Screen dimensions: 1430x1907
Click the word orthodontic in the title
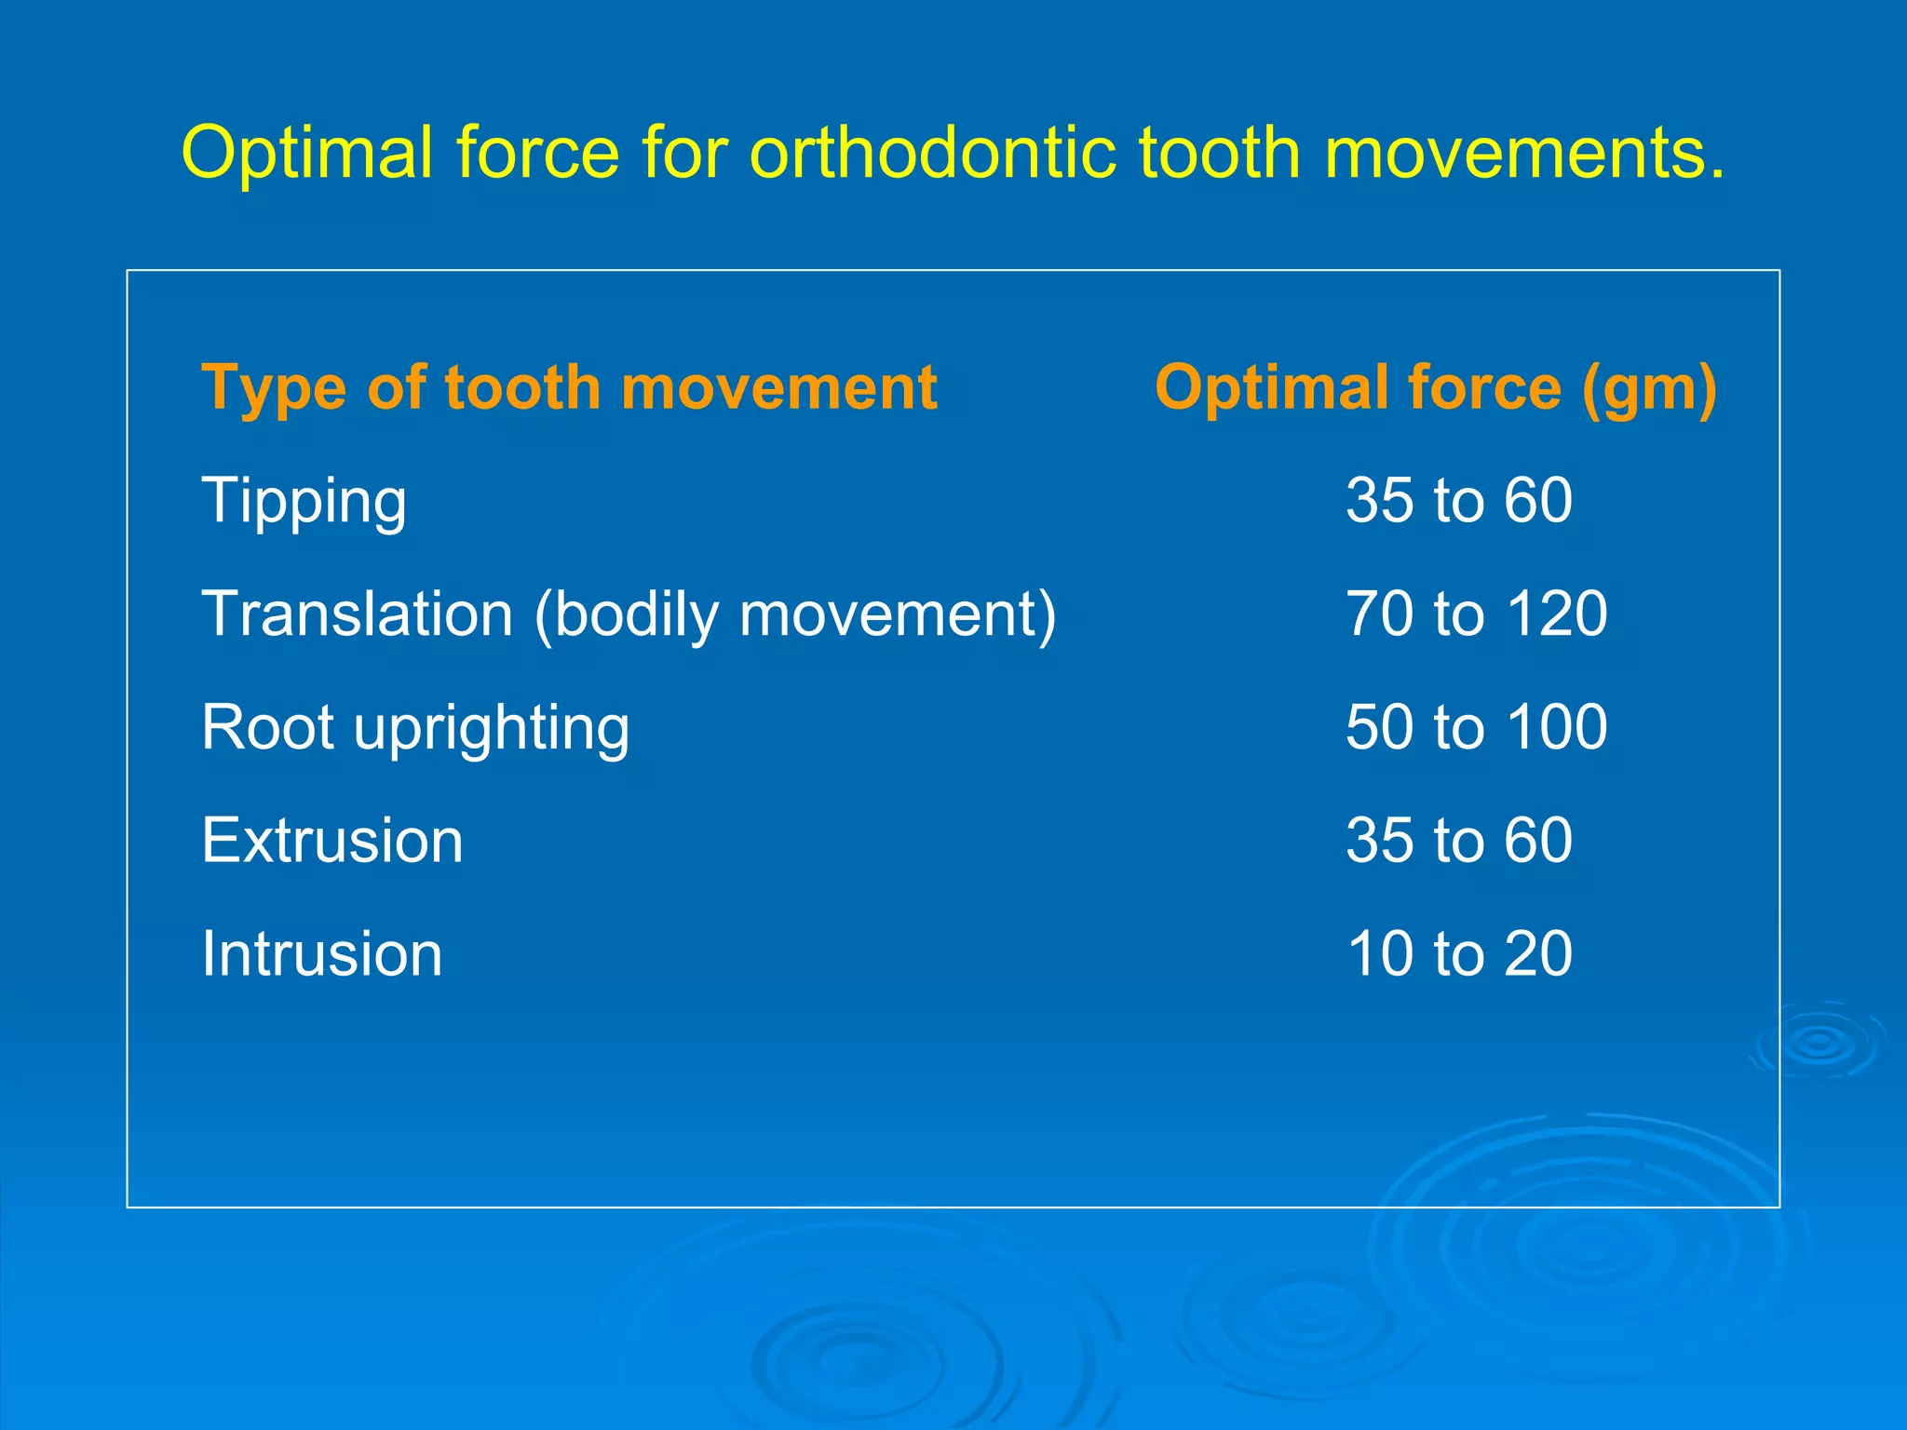click(x=932, y=152)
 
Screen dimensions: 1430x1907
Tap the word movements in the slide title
click(x=1523, y=152)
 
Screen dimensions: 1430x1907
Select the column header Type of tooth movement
click(x=569, y=387)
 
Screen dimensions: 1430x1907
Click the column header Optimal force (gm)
click(x=1435, y=387)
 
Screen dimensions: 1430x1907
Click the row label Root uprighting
click(x=415, y=727)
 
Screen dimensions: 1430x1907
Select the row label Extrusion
click(x=332, y=841)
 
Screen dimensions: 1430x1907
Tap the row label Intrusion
click(x=321, y=954)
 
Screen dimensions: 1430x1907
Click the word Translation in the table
click(x=358, y=614)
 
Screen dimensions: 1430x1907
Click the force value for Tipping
click(x=1458, y=501)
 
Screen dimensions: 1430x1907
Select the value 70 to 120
click(x=1476, y=614)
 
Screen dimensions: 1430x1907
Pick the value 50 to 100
click(x=1476, y=727)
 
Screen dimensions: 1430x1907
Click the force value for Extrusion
click(x=1458, y=841)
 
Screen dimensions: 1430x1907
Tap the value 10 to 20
click(x=1458, y=954)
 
